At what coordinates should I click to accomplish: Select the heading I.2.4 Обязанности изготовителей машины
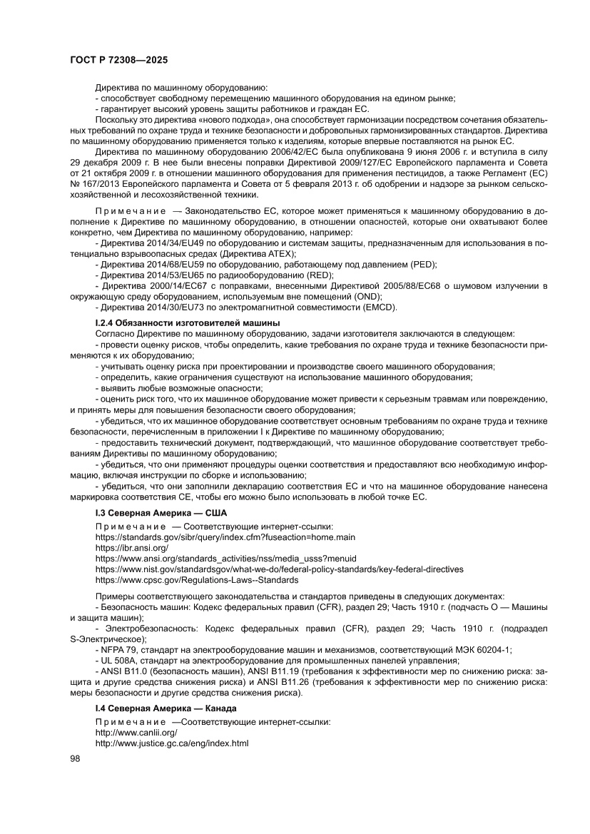(x=178, y=324)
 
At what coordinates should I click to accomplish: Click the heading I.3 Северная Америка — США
(x=161, y=513)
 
